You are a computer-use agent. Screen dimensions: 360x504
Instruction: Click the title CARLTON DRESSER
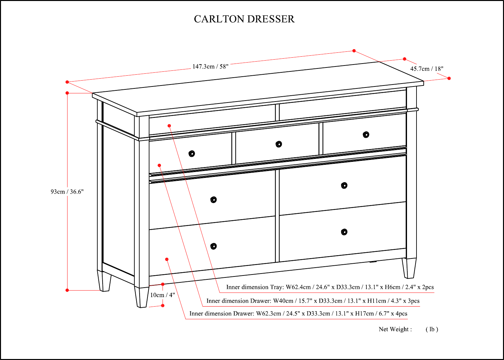244,19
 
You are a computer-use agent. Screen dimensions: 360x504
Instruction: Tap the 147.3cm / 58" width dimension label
210,66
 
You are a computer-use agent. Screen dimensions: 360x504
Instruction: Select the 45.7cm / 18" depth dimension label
427,69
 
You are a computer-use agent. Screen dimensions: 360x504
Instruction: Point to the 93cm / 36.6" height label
67,192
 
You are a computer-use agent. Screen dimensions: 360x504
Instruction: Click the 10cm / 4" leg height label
163,295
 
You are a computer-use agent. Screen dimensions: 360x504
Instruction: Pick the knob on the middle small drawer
279,144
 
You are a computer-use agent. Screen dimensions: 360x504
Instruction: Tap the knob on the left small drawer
192,154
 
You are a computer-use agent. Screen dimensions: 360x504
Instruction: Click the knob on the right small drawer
366,135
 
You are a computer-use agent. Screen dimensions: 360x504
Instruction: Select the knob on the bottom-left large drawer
214,246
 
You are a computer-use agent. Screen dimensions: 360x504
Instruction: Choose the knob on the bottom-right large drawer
344,232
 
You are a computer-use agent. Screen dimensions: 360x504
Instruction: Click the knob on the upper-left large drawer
214,199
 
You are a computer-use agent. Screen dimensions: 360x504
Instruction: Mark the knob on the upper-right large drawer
344,185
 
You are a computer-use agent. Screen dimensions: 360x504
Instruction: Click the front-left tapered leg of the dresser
142,297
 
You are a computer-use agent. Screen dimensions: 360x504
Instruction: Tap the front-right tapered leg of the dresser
409,268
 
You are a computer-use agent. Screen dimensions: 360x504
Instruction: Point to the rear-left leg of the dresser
104,281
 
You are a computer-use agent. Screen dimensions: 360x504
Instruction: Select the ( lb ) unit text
432,329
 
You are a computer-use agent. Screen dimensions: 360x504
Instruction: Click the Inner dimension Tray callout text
330,287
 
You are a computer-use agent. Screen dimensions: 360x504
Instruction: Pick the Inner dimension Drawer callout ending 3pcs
313,301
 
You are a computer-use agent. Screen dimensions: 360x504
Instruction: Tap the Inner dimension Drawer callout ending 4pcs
298,313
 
